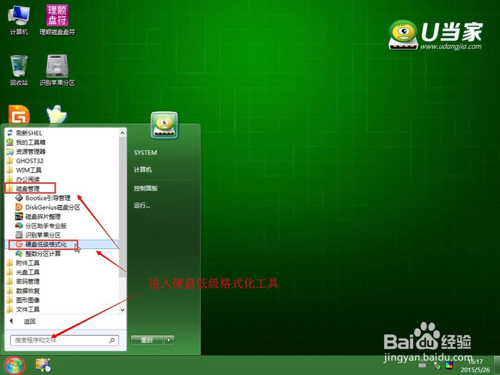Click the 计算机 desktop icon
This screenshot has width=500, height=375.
(19, 19)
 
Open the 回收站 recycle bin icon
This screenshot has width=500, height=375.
(19, 70)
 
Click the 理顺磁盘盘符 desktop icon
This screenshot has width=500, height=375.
(57, 19)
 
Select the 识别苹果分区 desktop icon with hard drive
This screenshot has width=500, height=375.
(57, 70)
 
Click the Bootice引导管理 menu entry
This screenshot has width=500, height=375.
(42, 198)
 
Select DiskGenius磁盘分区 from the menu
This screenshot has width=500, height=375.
(47, 207)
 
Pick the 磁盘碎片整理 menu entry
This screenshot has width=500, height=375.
(38, 217)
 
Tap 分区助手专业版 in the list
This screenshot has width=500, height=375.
(41, 226)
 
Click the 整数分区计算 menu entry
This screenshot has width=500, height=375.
(38, 254)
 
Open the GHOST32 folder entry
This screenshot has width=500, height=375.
(25, 161)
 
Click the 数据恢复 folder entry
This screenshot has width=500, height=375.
(23, 291)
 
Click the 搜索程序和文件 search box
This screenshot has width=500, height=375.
(64, 341)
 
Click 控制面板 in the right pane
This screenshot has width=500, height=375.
(145, 188)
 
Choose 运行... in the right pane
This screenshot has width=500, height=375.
(142, 205)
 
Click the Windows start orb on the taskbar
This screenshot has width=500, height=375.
(14, 366)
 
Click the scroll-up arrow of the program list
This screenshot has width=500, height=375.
(122, 133)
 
